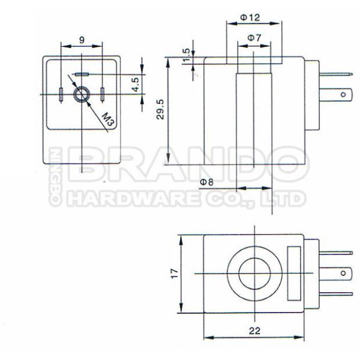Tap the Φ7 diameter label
[x=254, y=38]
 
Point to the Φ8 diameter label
[x=206, y=181]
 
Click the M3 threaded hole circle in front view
[x=80, y=94]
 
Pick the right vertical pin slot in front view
[x=103, y=94]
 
